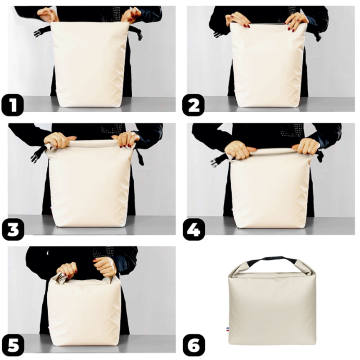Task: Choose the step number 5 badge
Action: point(13,346)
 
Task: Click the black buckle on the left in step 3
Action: point(37,155)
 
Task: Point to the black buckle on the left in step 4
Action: point(219,159)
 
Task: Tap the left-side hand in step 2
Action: point(238,20)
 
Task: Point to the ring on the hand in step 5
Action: point(101,261)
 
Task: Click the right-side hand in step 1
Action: point(131,16)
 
